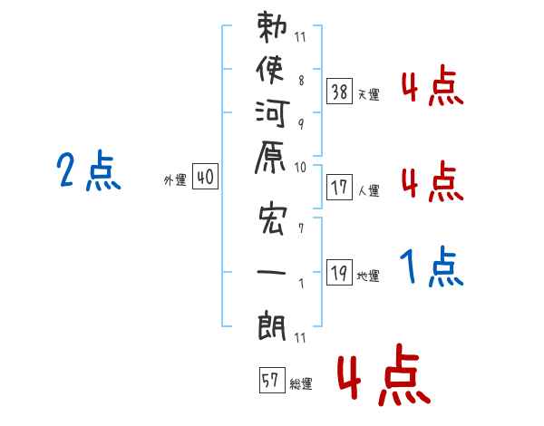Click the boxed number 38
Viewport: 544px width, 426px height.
pos(339,91)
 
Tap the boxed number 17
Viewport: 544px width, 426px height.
pos(339,188)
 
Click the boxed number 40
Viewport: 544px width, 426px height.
pos(204,178)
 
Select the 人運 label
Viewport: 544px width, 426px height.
pos(368,190)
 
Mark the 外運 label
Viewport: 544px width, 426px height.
pos(175,180)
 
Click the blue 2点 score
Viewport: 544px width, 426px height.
pos(88,172)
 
